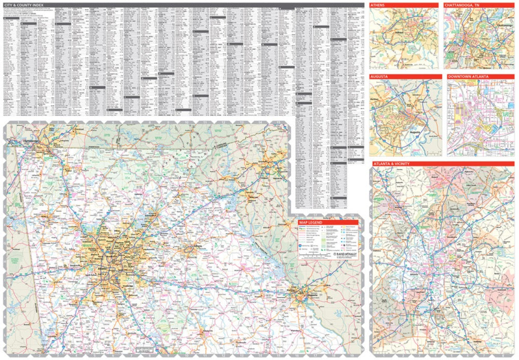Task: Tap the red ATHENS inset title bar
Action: point(378,5)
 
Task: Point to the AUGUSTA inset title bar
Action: point(380,77)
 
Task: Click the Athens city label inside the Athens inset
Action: point(399,32)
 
